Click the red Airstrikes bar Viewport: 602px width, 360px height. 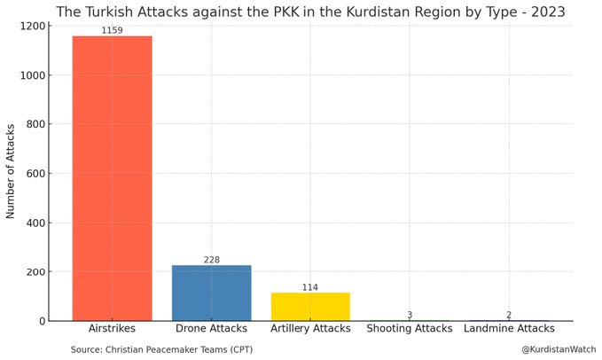click(112, 177)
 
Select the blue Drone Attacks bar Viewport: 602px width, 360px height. click(211, 293)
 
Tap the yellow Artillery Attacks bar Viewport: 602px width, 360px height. click(310, 306)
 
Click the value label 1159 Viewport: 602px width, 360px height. click(112, 30)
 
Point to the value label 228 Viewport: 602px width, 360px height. click(211, 260)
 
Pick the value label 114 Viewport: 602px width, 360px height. click(310, 287)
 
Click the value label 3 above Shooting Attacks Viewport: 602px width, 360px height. click(410, 315)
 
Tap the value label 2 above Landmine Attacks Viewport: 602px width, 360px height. click(509, 315)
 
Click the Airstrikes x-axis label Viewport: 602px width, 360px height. click(112, 330)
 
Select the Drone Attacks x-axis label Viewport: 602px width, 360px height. click(211, 330)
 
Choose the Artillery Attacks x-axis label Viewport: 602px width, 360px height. click(310, 330)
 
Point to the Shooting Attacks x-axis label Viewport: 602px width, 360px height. click(410, 330)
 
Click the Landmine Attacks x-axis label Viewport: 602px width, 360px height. click(509, 330)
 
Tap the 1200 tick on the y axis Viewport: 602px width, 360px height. click(34, 27)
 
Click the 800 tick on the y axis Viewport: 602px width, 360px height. click(37, 125)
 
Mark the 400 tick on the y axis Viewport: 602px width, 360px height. click(37, 223)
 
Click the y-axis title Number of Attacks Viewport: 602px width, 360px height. click(12, 173)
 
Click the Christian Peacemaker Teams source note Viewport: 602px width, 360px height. click(161, 350)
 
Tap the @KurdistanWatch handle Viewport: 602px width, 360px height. click(559, 350)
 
